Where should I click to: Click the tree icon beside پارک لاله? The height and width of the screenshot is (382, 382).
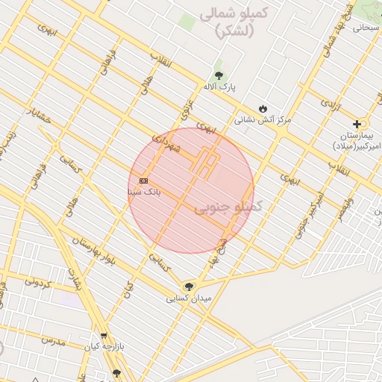pyautogui.click(x=219, y=75)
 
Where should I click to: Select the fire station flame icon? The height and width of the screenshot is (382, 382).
pyautogui.click(x=262, y=107)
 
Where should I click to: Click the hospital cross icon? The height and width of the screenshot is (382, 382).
pyautogui.click(x=357, y=124)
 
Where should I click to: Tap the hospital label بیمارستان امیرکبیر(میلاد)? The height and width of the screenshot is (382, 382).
pyautogui.click(x=356, y=140)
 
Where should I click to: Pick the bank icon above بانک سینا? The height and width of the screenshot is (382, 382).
pyautogui.click(x=143, y=181)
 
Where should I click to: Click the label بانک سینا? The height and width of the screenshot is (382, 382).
pyautogui.click(x=144, y=192)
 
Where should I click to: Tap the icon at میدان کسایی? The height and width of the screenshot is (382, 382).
pyautogui.click(x=188, y=286)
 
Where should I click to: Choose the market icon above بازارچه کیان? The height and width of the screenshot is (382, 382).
pyautogui.click(x=103, y=335)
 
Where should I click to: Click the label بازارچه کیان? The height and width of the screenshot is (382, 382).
pyautogui.click(x=102, y=347)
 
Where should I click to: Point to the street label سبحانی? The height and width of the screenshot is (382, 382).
pyautogui.click(x=366, y=27)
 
